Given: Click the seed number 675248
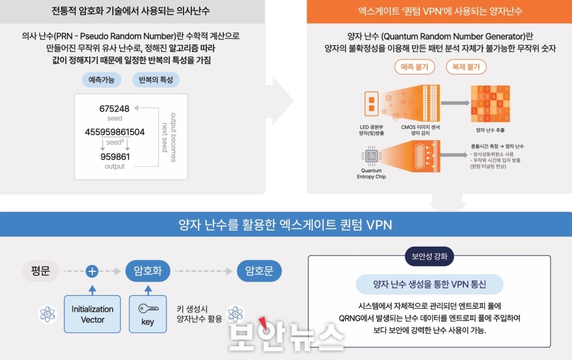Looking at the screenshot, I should pos(114,108).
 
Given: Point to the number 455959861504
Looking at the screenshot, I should pos(114,132).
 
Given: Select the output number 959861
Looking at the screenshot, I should pos(114,156).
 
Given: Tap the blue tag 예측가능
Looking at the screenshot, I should pos(101,80).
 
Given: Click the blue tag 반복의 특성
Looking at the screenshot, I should pos(156,80).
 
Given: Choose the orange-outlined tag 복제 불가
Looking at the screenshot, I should pos(466,67).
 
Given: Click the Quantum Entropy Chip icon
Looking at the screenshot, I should pos(371,155).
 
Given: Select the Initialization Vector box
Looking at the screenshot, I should pos(92,314).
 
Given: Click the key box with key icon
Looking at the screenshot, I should pos(148,314).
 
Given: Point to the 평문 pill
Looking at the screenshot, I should pos(41,271).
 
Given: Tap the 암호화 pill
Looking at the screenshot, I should pos(148,271).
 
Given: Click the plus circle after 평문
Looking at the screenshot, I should pos(92,271).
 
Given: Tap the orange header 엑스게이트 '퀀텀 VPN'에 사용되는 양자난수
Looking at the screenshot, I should pos(439,11).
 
